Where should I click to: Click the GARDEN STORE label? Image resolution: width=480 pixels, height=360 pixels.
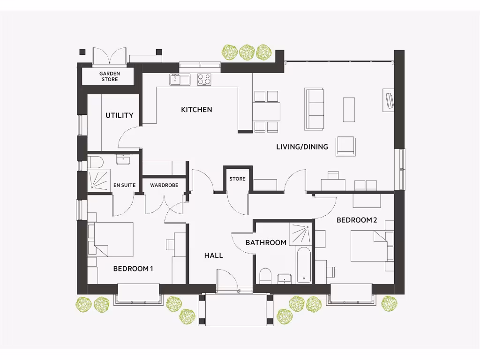pos(109,76)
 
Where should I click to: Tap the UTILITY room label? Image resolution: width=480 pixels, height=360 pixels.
pos(119,115)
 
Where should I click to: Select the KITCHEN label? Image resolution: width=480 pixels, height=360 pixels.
pos(196,110)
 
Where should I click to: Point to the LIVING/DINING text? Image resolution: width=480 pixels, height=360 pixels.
pos(302,147)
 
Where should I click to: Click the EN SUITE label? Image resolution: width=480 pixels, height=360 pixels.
pos(124,185)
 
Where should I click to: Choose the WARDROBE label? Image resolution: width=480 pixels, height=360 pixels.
pos(164,185)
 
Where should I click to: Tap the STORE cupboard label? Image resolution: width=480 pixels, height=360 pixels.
pos(237,179)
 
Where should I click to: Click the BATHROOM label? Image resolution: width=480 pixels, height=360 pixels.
pos(266,242)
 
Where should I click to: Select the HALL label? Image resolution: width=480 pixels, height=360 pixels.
pos(213,255)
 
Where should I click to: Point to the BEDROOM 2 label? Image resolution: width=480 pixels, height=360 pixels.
pos(357,220)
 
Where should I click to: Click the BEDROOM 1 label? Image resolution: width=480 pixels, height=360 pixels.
pos(133,269)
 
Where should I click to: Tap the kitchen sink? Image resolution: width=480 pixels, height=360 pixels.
pos(180,80)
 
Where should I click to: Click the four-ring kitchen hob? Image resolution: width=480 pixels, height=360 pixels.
pos(204,80)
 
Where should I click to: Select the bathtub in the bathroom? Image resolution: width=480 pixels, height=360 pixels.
pos(304,265)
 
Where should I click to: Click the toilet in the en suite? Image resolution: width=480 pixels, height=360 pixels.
pos(95,162)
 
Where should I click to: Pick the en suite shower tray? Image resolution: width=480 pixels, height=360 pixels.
pos(98,180)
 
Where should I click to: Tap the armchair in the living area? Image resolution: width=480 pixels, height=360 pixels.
pos(345,146)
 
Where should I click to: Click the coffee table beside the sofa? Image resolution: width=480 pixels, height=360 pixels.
pos(349,109)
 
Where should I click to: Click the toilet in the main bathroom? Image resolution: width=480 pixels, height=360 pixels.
pos(265,276)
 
